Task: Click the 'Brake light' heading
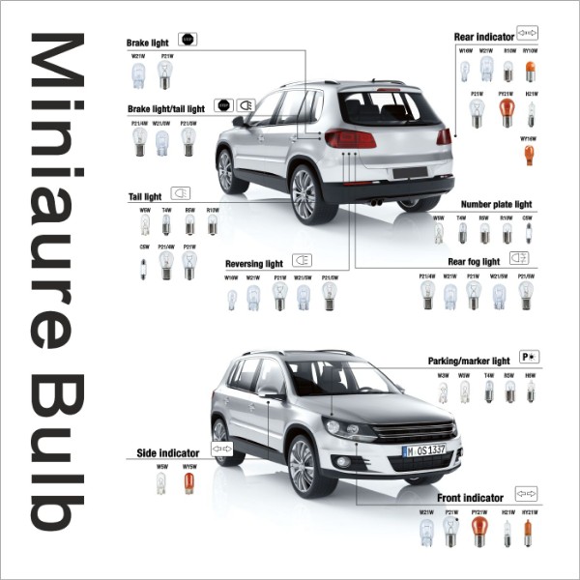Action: pyautogui.click(x=147, y=43)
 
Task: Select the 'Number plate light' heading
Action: pyautogui.click(x=496, y=205)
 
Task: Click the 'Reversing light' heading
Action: pyautogui.click(x=253, y=263)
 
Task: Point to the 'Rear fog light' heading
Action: pyautogui.click(x=474, y=261)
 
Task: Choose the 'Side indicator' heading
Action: pyautogui.click(x=167, y=452)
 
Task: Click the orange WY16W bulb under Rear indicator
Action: pyautogui.click(x=529, y=155)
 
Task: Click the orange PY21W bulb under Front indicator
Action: pyautogui.click(x=478, y=530)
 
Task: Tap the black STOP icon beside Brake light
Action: pyautogui.click(x=188, y=40)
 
